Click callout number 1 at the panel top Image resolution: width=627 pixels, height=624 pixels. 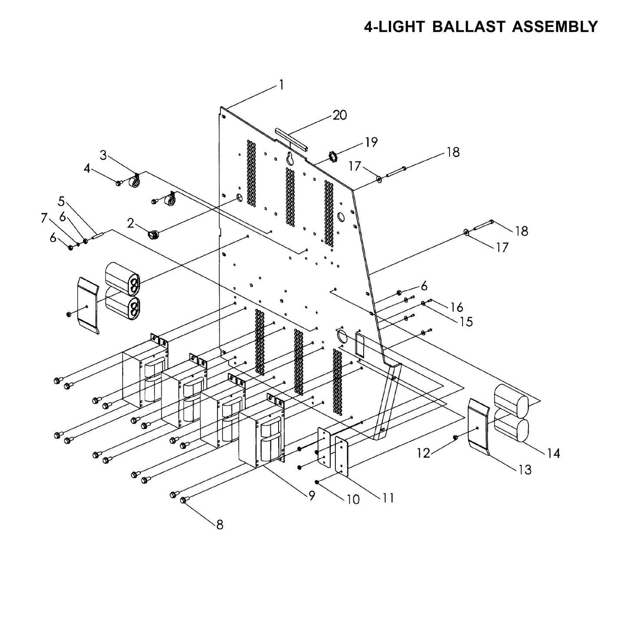point(281,85)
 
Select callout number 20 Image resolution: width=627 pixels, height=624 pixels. point(340,115)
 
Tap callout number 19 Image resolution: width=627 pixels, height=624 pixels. point(371,142)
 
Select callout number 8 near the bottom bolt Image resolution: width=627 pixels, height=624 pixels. point(220,525)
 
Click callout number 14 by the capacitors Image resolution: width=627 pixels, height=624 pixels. point(554,454)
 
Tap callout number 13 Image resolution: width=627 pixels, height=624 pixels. point(525,470)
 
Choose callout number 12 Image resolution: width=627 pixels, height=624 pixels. point(423,453)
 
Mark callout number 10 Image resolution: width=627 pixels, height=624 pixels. point(353,500)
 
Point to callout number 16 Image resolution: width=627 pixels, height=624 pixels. point(456,307)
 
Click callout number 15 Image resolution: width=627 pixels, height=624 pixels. point(466,322)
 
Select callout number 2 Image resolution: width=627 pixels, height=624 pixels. point(130,223)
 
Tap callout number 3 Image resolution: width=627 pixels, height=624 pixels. point(103,155)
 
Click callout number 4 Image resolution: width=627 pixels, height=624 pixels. point(87,168)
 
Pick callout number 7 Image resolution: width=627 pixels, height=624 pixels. point(44,218)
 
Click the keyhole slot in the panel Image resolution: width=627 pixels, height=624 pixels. point(290,159)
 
